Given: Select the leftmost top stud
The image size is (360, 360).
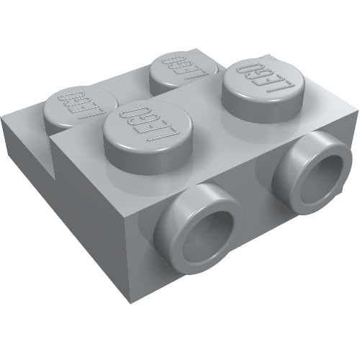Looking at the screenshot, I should tap(79, 108).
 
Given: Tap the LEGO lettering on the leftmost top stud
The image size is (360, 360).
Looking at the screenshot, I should tap(79, 103).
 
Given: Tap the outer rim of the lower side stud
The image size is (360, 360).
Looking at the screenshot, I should tap(180, 220).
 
